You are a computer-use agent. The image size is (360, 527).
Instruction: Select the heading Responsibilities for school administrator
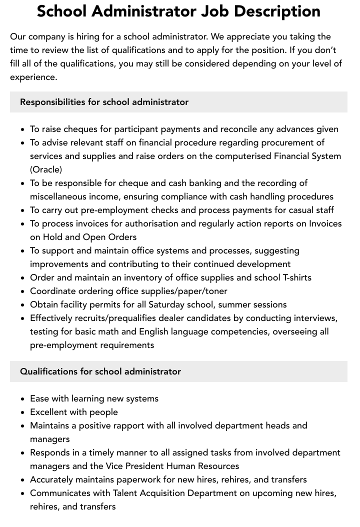(x=104, y=102)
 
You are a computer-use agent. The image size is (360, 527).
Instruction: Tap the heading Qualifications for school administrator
(x=100, y=371)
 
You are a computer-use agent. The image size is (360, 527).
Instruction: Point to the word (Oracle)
(x=46, y=169)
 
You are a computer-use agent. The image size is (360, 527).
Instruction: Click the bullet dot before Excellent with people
(x=23, y=412)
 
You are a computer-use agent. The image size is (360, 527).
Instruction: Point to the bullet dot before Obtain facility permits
(x=23, y=304)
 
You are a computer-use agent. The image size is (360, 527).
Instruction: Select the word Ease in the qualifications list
(x=40, y=398)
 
